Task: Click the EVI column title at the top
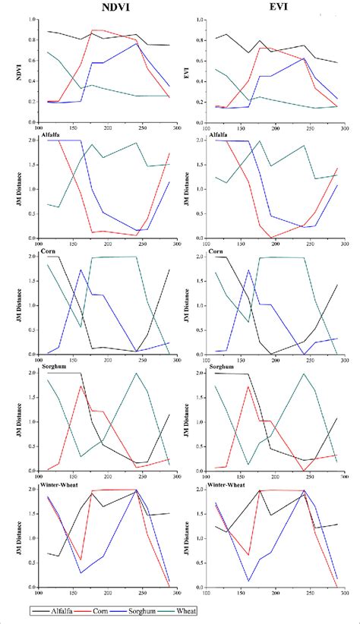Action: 273,9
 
